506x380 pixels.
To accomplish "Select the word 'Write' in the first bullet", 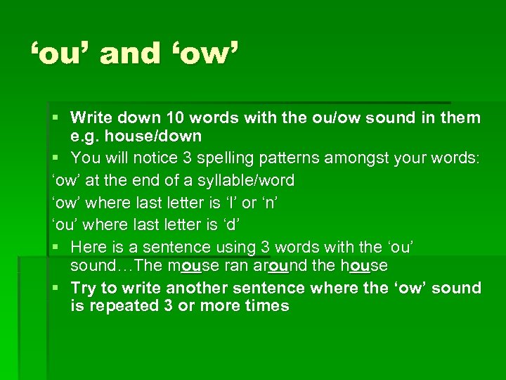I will coord(93,118).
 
